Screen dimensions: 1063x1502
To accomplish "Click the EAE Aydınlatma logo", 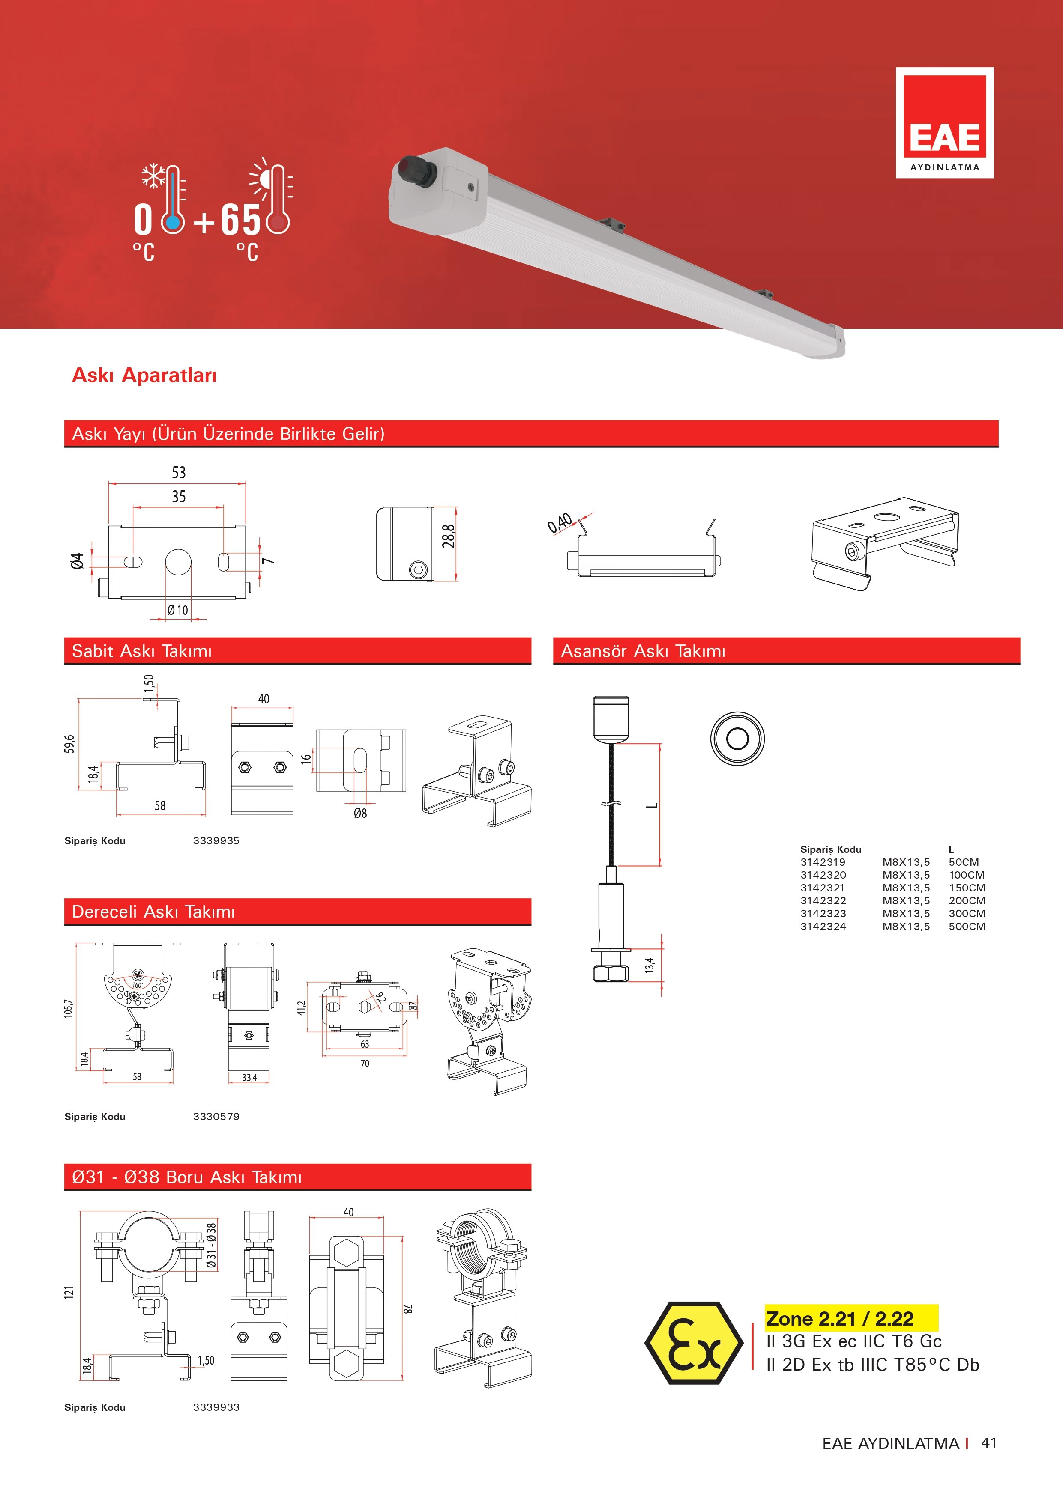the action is (x=944, y=122).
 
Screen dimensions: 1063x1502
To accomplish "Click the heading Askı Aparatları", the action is (x=144, y=375).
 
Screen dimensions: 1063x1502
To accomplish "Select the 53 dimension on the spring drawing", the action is (x=179, y=472).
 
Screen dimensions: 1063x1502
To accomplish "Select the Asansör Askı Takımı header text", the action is (x=644, y=651).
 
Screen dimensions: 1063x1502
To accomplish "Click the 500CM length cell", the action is (x=967, y=926).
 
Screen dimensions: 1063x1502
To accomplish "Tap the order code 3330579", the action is (x=216, y=1117).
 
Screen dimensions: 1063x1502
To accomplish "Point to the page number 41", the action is (x=988, y=1443).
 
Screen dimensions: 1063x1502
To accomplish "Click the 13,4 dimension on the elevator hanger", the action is (x=649, y=965).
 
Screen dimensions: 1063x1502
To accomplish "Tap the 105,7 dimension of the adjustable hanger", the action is (x=69, y=1008).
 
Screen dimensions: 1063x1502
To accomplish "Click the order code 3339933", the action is (x=216, y=1407).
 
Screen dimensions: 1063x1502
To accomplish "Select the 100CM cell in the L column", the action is (x=967, y=875).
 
